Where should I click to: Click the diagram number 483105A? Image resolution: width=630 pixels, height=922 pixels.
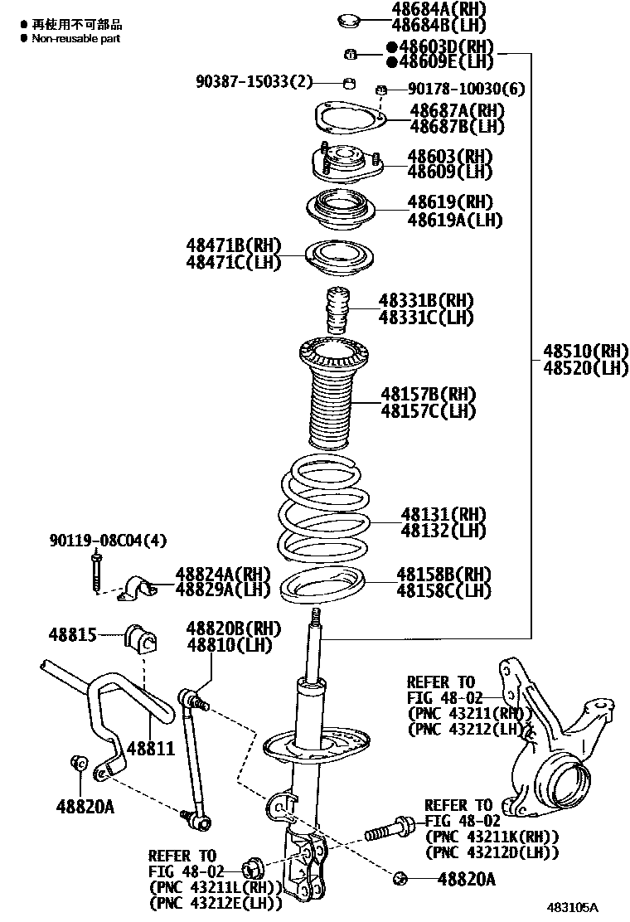click(x=572, y=909)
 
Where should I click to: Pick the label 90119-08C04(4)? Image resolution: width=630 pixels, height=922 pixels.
click(x=106, y=541)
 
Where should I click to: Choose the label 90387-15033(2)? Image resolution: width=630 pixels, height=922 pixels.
click(x=254, y=81)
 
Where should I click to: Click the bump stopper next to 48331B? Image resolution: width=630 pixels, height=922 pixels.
click(x=339, y=311)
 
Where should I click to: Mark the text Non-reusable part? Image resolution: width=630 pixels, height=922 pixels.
click(x=76, y=39)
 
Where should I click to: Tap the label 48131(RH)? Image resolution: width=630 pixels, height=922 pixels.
click(x=443, y=515)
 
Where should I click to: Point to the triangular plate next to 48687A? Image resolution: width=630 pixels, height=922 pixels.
click(x=351, y=119)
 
